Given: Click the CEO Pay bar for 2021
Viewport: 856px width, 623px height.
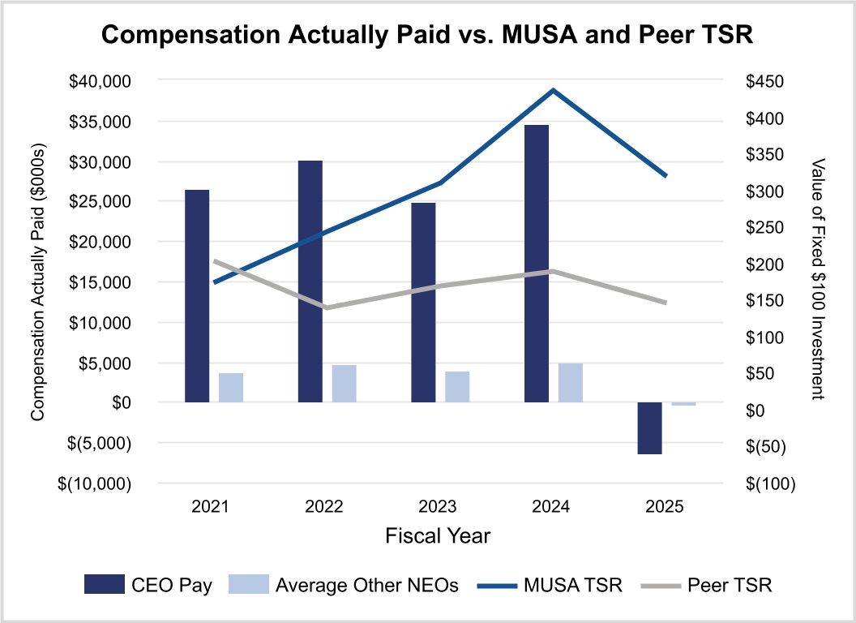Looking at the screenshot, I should point(197,296).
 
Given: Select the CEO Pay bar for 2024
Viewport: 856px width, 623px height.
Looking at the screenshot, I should point(537,264).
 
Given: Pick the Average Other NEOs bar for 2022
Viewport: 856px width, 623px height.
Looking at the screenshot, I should point(344,384).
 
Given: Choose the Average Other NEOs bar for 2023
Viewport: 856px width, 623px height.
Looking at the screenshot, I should point(457,387).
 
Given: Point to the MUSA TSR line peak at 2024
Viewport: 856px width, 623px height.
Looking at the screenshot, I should point(553,90).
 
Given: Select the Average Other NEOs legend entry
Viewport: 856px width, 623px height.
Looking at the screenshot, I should point(344,585).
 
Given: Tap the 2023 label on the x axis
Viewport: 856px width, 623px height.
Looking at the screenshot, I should point(438,507).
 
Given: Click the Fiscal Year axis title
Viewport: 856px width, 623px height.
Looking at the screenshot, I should point(438,535).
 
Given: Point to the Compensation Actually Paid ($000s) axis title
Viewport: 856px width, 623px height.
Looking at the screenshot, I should point(36,281).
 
